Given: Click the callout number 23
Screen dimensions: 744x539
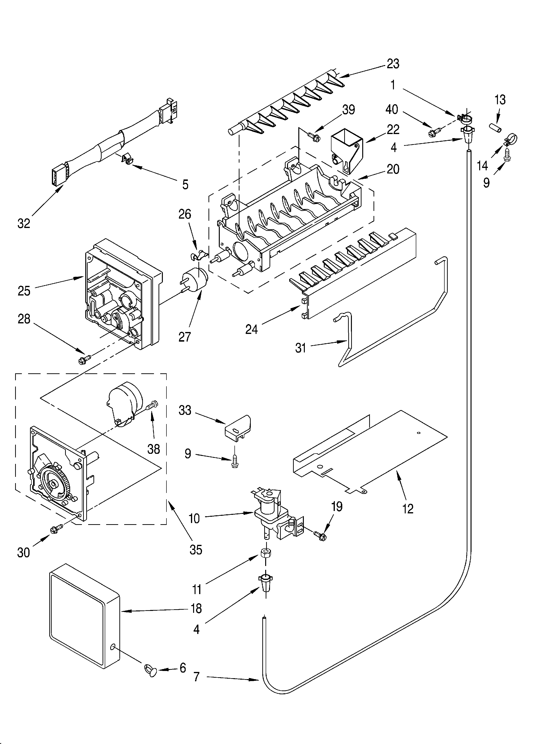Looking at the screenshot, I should point(393,64).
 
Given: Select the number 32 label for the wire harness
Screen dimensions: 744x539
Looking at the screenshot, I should point(24,223).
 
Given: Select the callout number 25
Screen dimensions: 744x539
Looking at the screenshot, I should point(24,291).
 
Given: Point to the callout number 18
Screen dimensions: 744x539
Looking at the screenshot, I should point(196,609).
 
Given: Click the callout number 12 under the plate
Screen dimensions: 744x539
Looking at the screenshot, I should point(408,509).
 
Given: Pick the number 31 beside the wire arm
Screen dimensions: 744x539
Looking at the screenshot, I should point(300,348).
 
